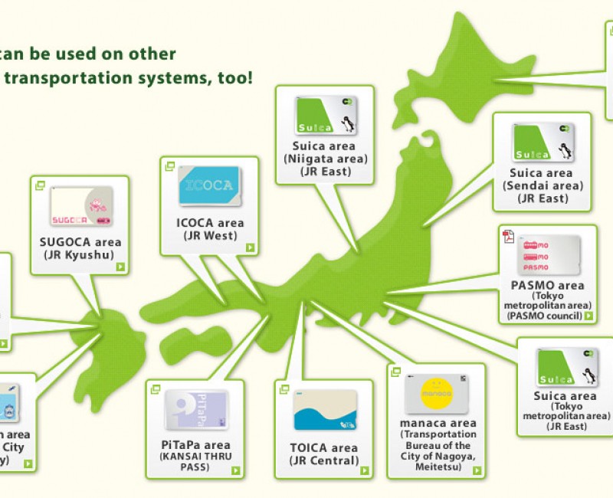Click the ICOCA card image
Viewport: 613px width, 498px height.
[x=209, y=187]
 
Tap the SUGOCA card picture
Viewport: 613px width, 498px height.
[x=81, y=207]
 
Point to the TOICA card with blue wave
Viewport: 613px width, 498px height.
[x=325, y=411]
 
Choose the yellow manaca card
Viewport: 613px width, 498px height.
[x=435, y=394]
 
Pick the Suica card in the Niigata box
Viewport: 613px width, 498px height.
[x=324, y=116]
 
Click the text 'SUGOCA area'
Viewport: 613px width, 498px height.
[x=80, y=242]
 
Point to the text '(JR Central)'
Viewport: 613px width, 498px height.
[x=324, y=460]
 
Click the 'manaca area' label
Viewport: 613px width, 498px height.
[x=438, y=423]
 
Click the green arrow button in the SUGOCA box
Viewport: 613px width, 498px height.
[x=120, y=267]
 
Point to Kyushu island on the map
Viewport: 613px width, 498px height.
[x=107, y=345]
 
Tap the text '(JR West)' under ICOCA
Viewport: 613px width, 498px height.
[x=208, y=236]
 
